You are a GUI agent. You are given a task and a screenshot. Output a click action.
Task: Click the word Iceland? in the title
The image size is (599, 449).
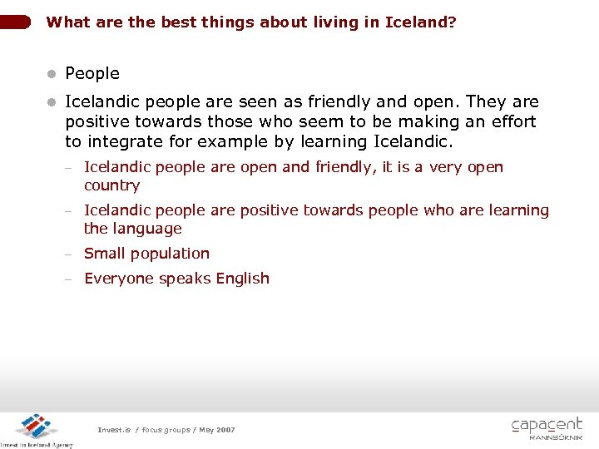coord(420,22)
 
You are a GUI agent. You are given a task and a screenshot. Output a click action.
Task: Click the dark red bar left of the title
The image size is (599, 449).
coord(17,22)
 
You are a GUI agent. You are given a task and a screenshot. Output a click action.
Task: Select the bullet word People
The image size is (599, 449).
coord(92,73)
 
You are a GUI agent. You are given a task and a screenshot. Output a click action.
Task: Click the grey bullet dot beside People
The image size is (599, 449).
coord(52,74)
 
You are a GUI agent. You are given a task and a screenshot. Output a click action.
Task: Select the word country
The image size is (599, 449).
coord(111,185)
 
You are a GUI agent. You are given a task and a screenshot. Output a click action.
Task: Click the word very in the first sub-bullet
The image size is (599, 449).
coord(445,167)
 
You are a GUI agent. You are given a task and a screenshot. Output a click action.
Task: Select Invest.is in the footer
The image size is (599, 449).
coord(114,430)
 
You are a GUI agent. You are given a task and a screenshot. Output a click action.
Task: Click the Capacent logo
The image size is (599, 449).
coord(547,427)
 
